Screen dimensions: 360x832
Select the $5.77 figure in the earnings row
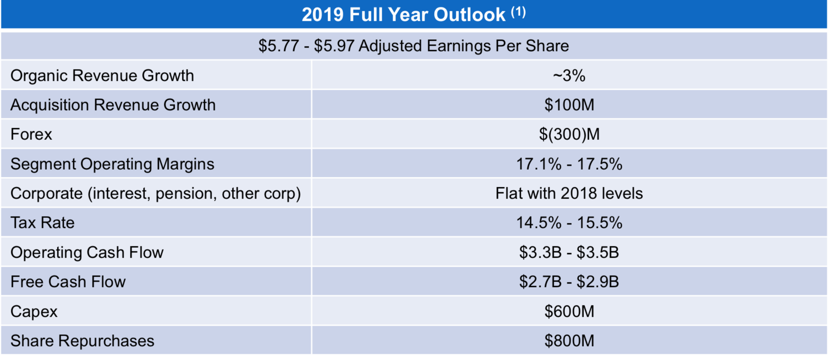coord(278,46)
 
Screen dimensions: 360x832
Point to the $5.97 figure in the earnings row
coord(334,46)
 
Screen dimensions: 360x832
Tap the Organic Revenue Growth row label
coord(102,75)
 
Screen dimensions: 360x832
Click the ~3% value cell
coord(569,75)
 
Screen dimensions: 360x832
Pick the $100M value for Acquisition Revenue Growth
coord(569,105)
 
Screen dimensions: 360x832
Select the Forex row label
coord(31,134)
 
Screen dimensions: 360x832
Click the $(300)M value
coord(569,134)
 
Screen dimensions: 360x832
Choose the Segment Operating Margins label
coord(112,164)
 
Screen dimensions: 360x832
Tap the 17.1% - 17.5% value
coord(569,164)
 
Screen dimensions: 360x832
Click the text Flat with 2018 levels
coord(569,194)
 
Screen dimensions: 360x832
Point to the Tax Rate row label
coord(42,223)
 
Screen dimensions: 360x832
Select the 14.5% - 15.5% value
coord(569,223)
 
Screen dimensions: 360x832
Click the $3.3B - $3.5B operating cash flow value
coord(569,252)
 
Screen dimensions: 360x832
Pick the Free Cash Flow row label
coord(68,282)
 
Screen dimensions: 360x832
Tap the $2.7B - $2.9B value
coord(569,282)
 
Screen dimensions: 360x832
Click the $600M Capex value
coord(569,311)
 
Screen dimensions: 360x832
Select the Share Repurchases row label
coord(82,341)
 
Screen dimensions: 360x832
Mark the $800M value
coord(569,341)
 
